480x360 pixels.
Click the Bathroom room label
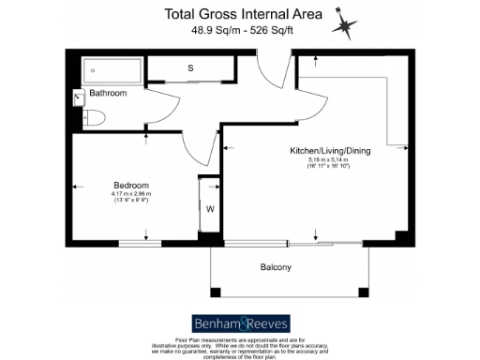click(109, 93)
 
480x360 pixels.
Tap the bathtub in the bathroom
click(111, 69)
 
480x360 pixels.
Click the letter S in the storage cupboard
click(190, 69)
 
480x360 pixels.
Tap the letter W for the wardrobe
click(210, 208)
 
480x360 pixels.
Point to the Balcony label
click(275, 268)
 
